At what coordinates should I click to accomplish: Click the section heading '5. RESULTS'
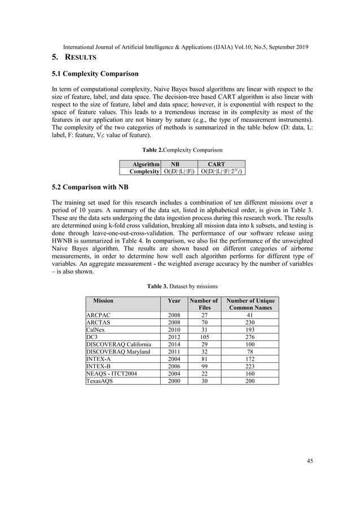tap(75, 58)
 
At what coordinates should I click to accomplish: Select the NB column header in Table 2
tap(175, 164)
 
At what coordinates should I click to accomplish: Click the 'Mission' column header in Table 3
tap(103, 301)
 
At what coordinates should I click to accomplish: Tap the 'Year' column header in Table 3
tap(174, 301)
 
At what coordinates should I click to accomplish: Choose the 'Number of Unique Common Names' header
tap(249, 304)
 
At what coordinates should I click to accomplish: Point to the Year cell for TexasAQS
tap(174, 381)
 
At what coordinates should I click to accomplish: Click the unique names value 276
tap(249, 337)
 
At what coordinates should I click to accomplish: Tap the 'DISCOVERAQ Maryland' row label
tap(118, 352)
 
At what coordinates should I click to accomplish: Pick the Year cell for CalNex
tap(174, 330)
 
